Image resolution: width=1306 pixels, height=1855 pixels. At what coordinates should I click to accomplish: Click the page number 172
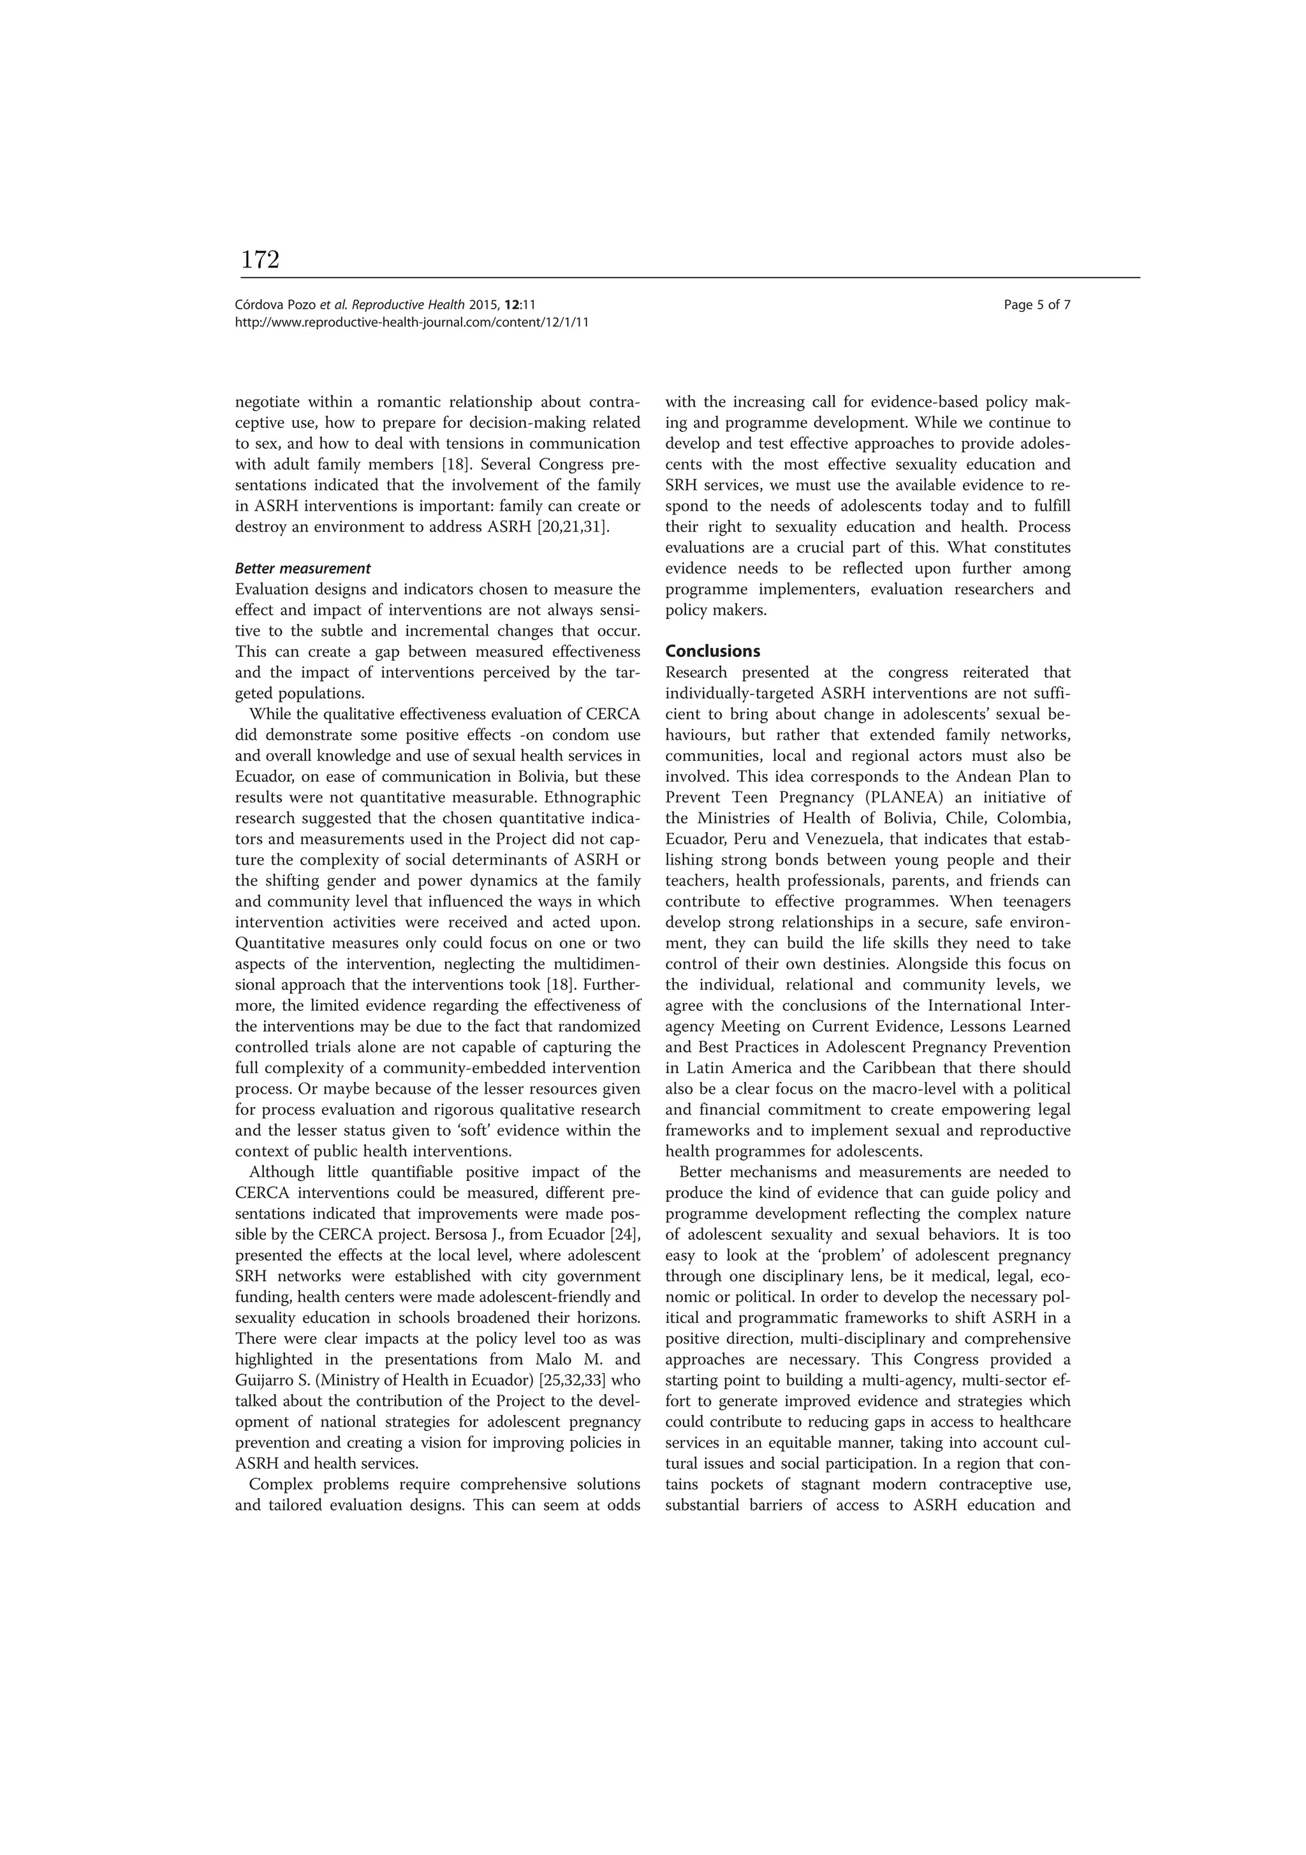pos(260,260)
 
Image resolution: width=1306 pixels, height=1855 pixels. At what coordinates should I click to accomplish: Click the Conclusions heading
pos(712,651)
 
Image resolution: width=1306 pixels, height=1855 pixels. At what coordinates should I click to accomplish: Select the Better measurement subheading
pos(302,568)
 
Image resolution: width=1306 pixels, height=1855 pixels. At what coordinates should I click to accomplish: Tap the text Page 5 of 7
pos(1037,305)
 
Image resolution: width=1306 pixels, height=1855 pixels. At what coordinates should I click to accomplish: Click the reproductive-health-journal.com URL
pos(411,321)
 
